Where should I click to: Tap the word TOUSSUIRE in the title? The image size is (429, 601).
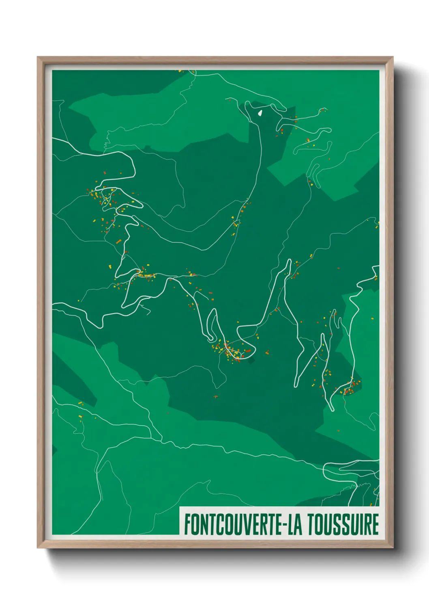343,524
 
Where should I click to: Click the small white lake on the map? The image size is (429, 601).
260,112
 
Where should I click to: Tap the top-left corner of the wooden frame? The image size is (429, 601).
38,57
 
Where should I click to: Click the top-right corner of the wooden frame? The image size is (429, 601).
393,57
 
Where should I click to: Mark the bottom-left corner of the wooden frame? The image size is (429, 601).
38,548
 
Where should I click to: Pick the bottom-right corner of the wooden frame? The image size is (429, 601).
393,548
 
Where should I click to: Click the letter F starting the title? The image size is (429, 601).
188,524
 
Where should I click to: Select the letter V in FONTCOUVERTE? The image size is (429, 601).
243,524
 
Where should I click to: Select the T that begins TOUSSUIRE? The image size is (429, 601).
311,524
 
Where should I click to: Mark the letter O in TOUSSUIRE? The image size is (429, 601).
319,524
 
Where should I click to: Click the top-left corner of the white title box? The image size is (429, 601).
180,508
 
